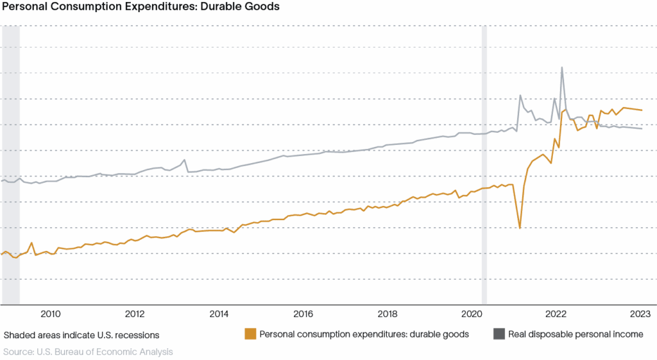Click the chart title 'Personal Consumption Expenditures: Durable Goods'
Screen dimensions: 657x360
point(141,6)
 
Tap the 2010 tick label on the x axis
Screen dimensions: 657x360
point(50,314)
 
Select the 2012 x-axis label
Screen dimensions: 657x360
point(135,314)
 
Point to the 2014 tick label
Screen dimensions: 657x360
point(219,314)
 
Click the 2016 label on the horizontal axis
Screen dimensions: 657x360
point(303,314)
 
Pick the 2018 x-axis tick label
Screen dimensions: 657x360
point(388,314)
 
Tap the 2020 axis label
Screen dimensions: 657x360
point(472,314)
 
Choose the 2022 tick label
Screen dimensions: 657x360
point(556,314)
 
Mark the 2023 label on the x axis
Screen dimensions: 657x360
point(640,314)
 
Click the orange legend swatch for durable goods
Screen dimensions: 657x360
point(250,334)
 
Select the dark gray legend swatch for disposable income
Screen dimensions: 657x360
point(499,334)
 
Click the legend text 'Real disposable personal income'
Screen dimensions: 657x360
point(576,334)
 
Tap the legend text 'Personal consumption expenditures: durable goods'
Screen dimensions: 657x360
point(364,334)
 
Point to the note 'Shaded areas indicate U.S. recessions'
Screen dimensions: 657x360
point(81,335)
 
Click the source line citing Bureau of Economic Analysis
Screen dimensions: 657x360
point(88,352)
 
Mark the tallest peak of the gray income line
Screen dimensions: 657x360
point(562,67)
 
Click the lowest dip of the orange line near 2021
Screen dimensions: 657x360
point(520,228)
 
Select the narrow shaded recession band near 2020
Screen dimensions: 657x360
point(484,165)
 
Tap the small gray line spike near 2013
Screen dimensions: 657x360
point(184,160)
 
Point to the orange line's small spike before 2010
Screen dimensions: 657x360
point(31,243)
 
